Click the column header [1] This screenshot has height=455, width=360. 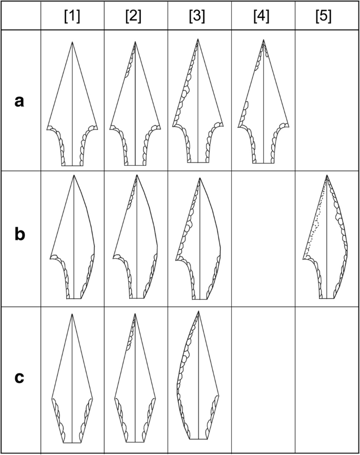click(72, 16)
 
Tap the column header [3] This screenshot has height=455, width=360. click(199, 16)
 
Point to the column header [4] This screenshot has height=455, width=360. click(261, 16)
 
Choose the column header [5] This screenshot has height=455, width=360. click(325, 16)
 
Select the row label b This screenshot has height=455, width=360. click(19, 235)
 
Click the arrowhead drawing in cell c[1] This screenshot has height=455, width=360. click(72, 384)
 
